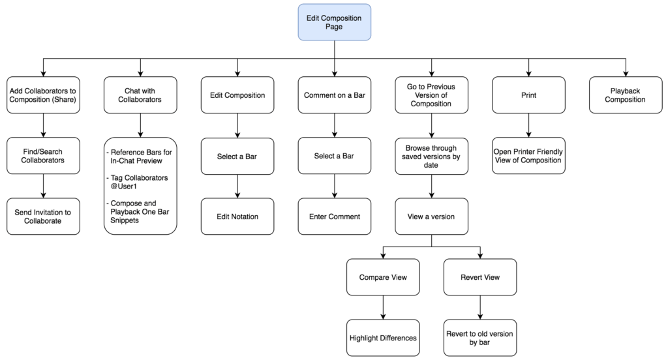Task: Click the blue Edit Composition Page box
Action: [x=334, y=22]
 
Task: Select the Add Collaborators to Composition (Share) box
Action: [x=43, y=95]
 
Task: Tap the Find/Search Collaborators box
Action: [x=43, y=156]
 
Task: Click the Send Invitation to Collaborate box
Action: [x=43, y=217]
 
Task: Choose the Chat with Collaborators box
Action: [x=140, y=95]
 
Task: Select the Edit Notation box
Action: [x=237, y=217]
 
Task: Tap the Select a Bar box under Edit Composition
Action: [x=237, y=156]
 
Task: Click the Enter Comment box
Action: [x=334, y=217]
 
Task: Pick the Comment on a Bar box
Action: [x=334, y=95]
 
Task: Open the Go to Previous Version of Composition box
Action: [x=431, y=95]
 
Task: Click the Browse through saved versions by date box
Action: [x=431, y=156]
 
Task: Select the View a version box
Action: [x=431, y=217]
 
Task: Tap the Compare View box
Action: [x=383, y=277]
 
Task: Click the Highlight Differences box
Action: [x=383, y=338]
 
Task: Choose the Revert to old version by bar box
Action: [x=479, y=338]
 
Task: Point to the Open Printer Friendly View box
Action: [x=528, y=156]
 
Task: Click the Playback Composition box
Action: [x=625, y=95]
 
